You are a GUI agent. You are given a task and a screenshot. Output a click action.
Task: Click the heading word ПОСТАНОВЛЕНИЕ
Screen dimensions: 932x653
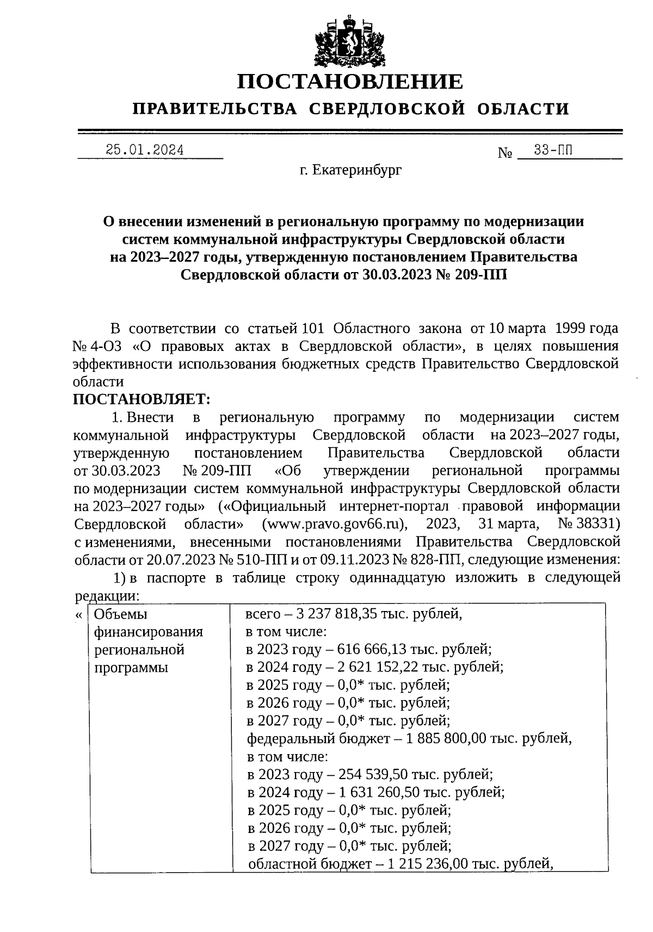pyautogui.click(x=350, y=82)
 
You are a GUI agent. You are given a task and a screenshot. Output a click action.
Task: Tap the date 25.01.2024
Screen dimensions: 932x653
pyautogui.click(x=145, y=150)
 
